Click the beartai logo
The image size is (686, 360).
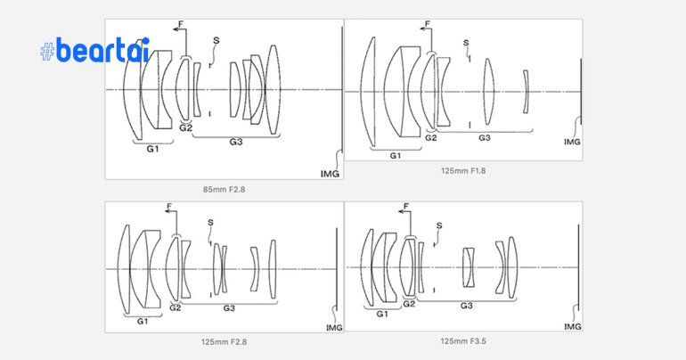coord(95,51)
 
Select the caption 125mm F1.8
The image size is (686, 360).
coord(463,170)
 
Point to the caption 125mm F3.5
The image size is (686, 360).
coord(463,340)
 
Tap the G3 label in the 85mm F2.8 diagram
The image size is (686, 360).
coord(236,142)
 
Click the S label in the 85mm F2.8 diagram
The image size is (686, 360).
coord(216,40)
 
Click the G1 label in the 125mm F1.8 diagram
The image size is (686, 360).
coord(395,155)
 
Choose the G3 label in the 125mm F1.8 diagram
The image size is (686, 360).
coord(485,138)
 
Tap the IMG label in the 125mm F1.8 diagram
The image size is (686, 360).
coord(572,141)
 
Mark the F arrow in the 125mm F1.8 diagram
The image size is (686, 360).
coord(429,27)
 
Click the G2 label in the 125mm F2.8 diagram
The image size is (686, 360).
coord(175,308)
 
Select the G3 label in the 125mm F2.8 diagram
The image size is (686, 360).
coord(229,308)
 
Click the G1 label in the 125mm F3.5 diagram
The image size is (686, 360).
coord(382,314)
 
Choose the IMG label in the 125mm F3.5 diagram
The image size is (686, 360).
coord(573,326)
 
